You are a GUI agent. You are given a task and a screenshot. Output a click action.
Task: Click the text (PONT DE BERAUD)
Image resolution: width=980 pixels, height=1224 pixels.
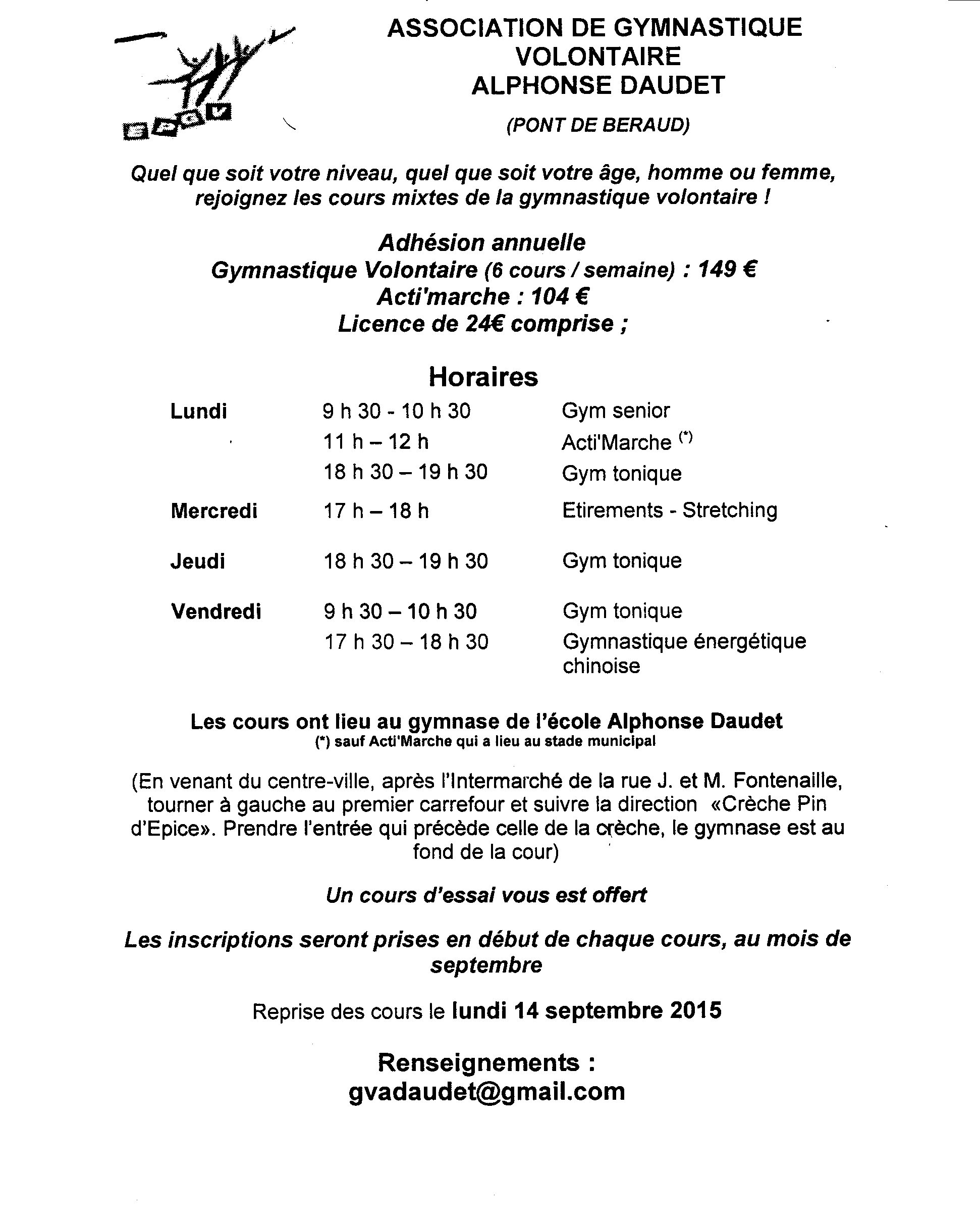[x=597, y=125]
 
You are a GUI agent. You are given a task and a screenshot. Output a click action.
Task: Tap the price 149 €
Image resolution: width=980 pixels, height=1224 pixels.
[x=727, y=269]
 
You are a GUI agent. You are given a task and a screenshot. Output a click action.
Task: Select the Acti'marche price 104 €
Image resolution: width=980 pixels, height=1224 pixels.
[x=560, y=296]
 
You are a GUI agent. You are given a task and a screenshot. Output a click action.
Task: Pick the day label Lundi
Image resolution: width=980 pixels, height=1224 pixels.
[x=199, y=411]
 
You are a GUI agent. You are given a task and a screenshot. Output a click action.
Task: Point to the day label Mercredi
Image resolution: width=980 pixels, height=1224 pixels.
[x=214, y=511]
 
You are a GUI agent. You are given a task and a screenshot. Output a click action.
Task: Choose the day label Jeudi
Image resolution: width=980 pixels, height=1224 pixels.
[x=198, y=561]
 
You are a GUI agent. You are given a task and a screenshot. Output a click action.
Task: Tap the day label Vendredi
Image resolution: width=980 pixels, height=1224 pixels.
[x=216, y=611]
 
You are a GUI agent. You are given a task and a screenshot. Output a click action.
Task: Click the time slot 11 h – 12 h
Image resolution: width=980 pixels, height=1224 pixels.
[x=375, y=442]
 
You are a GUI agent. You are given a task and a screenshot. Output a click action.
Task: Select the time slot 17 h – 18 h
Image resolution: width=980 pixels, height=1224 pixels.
[x=375, y=511]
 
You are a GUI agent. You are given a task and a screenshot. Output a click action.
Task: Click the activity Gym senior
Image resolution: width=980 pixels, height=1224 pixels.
[x=616, y=411]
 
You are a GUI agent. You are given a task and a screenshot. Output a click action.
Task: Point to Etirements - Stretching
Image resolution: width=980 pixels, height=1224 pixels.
[x=670, y=510]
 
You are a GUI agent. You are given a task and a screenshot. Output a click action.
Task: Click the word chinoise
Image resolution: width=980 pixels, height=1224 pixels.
[x=602, y=666]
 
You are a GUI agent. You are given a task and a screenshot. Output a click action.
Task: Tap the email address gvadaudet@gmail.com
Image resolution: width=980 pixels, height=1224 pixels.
[x=486, y=1091]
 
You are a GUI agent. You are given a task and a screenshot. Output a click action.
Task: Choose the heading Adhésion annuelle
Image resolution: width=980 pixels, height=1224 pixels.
[x=482, y=242]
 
